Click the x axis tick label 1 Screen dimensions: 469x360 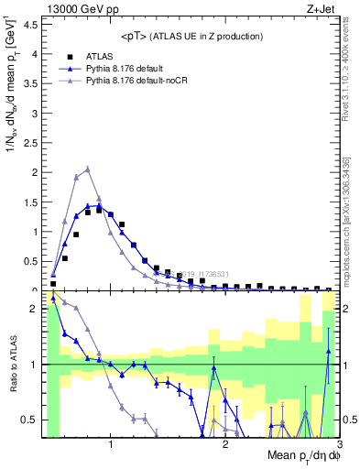coord(111,446)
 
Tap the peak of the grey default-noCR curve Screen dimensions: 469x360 coord(87,169)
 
